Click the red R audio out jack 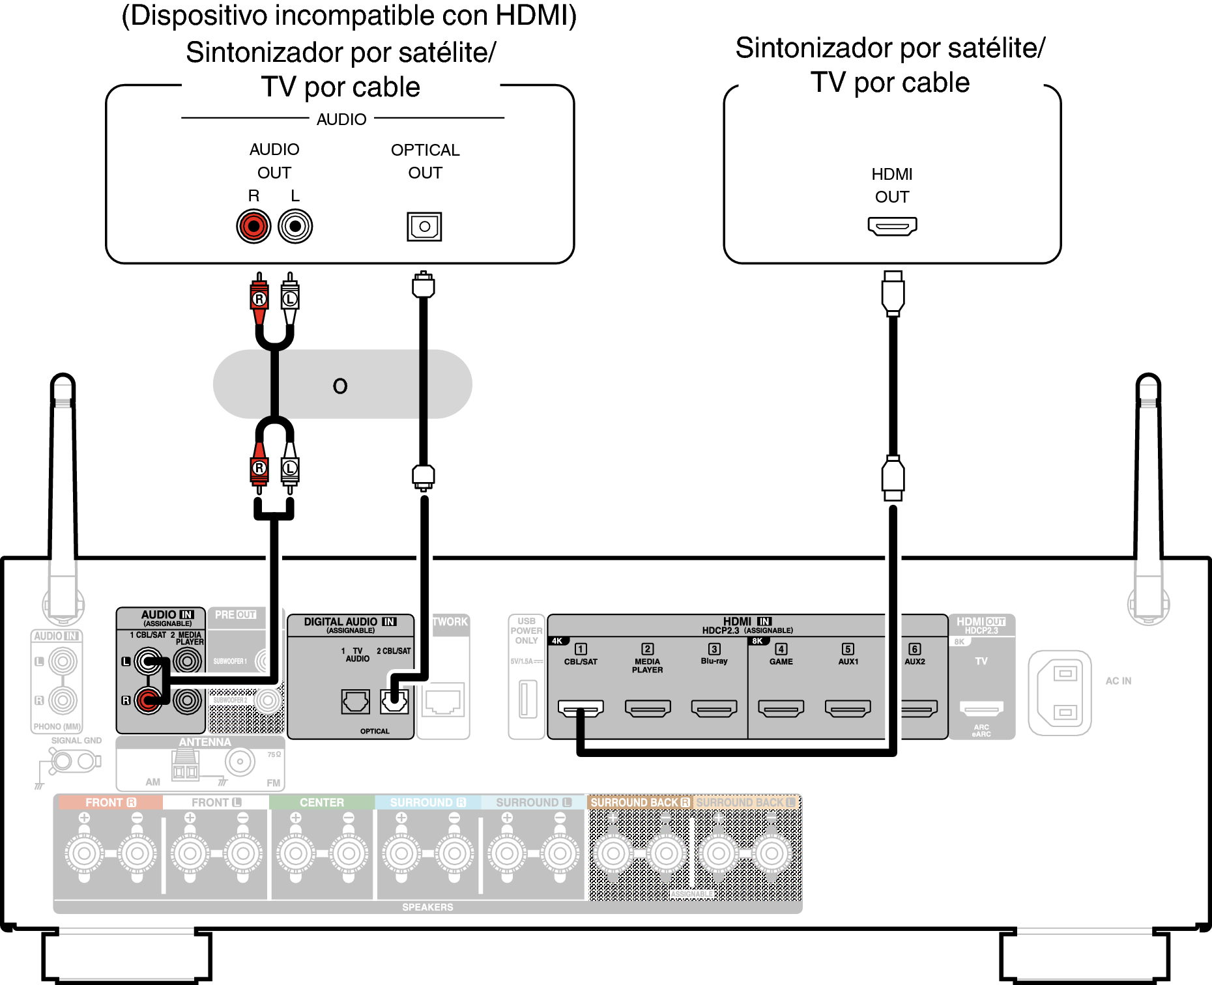tap(253, 226)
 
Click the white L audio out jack tap(295, 226)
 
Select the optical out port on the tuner tap(424, 227)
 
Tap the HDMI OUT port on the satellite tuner tap(892, 226)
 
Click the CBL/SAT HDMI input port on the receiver tap(581, 708)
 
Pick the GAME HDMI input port tap(781, 708)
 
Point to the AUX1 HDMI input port tap(848, 708)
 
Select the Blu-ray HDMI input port tap(714, 708)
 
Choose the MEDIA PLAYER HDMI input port tap(648, 708)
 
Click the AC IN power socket tap(1060, 693)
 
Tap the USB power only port tap(528, 698)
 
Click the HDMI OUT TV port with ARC tap(981, 708)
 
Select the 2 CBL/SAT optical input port tap(395, 702)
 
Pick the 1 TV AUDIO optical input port tap(356, 702)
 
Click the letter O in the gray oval tap(340, 386)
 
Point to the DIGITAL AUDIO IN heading tap(350, 622)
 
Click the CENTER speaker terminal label tap(321, 803)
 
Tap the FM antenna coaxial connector tap(240, 761)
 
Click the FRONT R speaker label tap(110, 803)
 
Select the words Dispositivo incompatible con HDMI tap(349, 16)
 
